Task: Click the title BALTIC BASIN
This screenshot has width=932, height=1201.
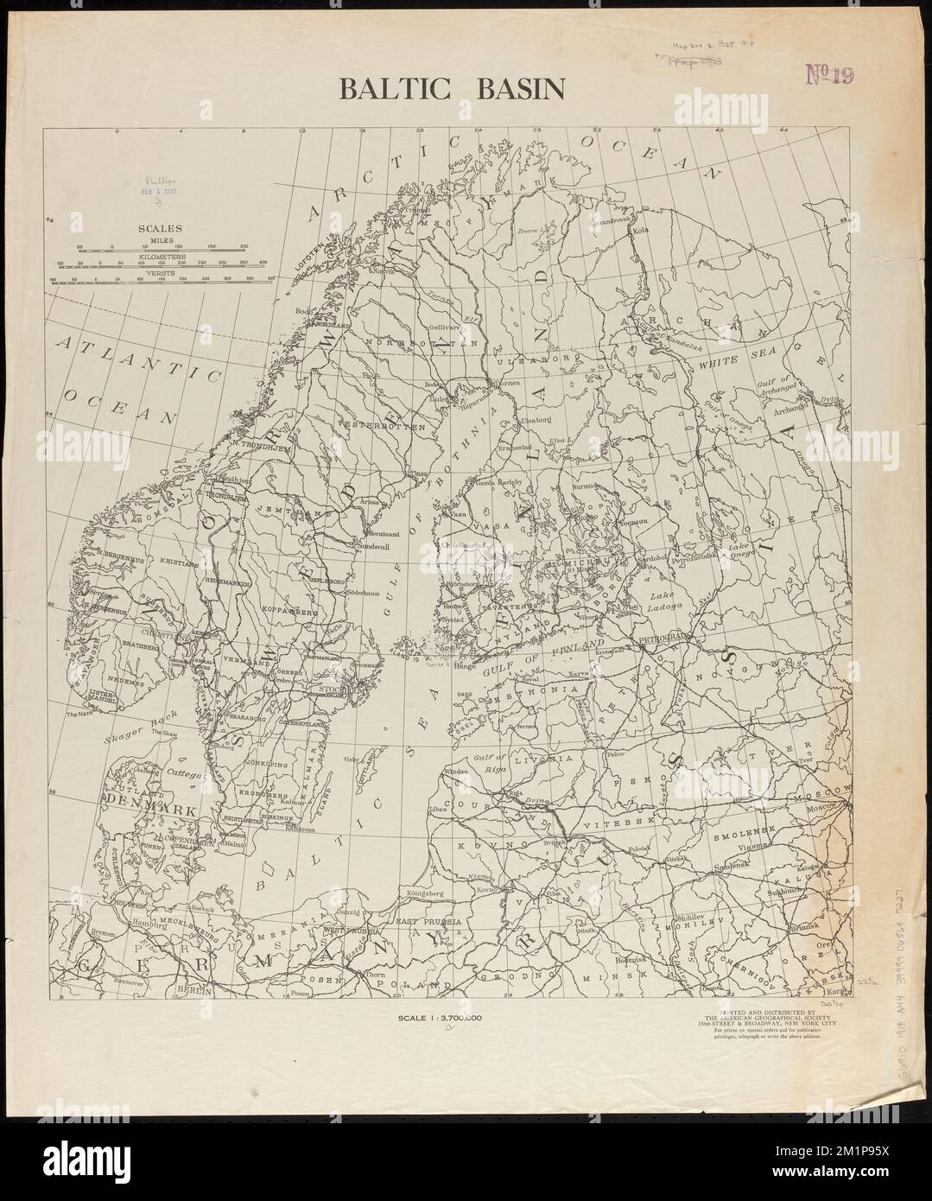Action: point(451,89)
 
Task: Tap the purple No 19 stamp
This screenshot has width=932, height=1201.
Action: point(828,75)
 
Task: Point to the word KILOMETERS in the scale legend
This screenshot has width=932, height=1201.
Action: point(161,257)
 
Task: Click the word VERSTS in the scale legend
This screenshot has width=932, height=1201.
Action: point(161,273)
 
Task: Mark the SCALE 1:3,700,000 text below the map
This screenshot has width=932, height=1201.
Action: point(439,1018)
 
